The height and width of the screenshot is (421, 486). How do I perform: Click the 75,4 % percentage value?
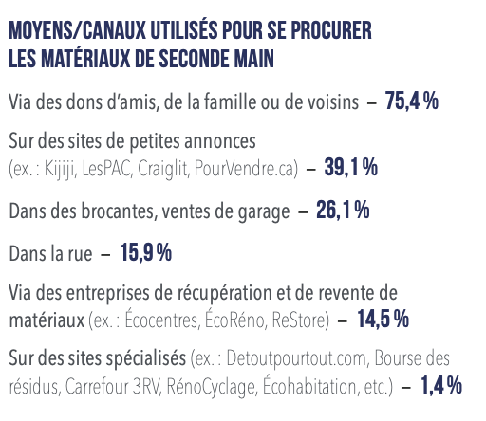pos(412,101)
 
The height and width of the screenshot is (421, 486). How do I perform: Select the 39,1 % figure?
pos(351,167)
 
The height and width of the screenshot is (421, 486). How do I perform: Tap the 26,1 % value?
pos(343,210)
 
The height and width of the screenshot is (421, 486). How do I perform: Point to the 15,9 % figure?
pos(146,252)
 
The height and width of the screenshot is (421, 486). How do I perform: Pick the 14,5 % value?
pos(383,319)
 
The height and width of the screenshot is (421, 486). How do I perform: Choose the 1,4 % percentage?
pos(441,385)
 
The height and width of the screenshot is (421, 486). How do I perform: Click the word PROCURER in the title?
pos(331,30)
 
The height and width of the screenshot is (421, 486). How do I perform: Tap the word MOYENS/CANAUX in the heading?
pos(77,30)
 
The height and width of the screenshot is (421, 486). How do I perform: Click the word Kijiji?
pos(61,169)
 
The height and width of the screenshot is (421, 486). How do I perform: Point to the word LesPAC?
pos(106,169)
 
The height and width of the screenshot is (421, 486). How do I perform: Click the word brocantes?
pos(120,210)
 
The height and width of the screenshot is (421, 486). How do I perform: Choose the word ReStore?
pos(299,320)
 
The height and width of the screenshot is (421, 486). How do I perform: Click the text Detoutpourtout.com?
pos(297,359)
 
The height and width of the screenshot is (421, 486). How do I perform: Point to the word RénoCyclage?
pos(211,387)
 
